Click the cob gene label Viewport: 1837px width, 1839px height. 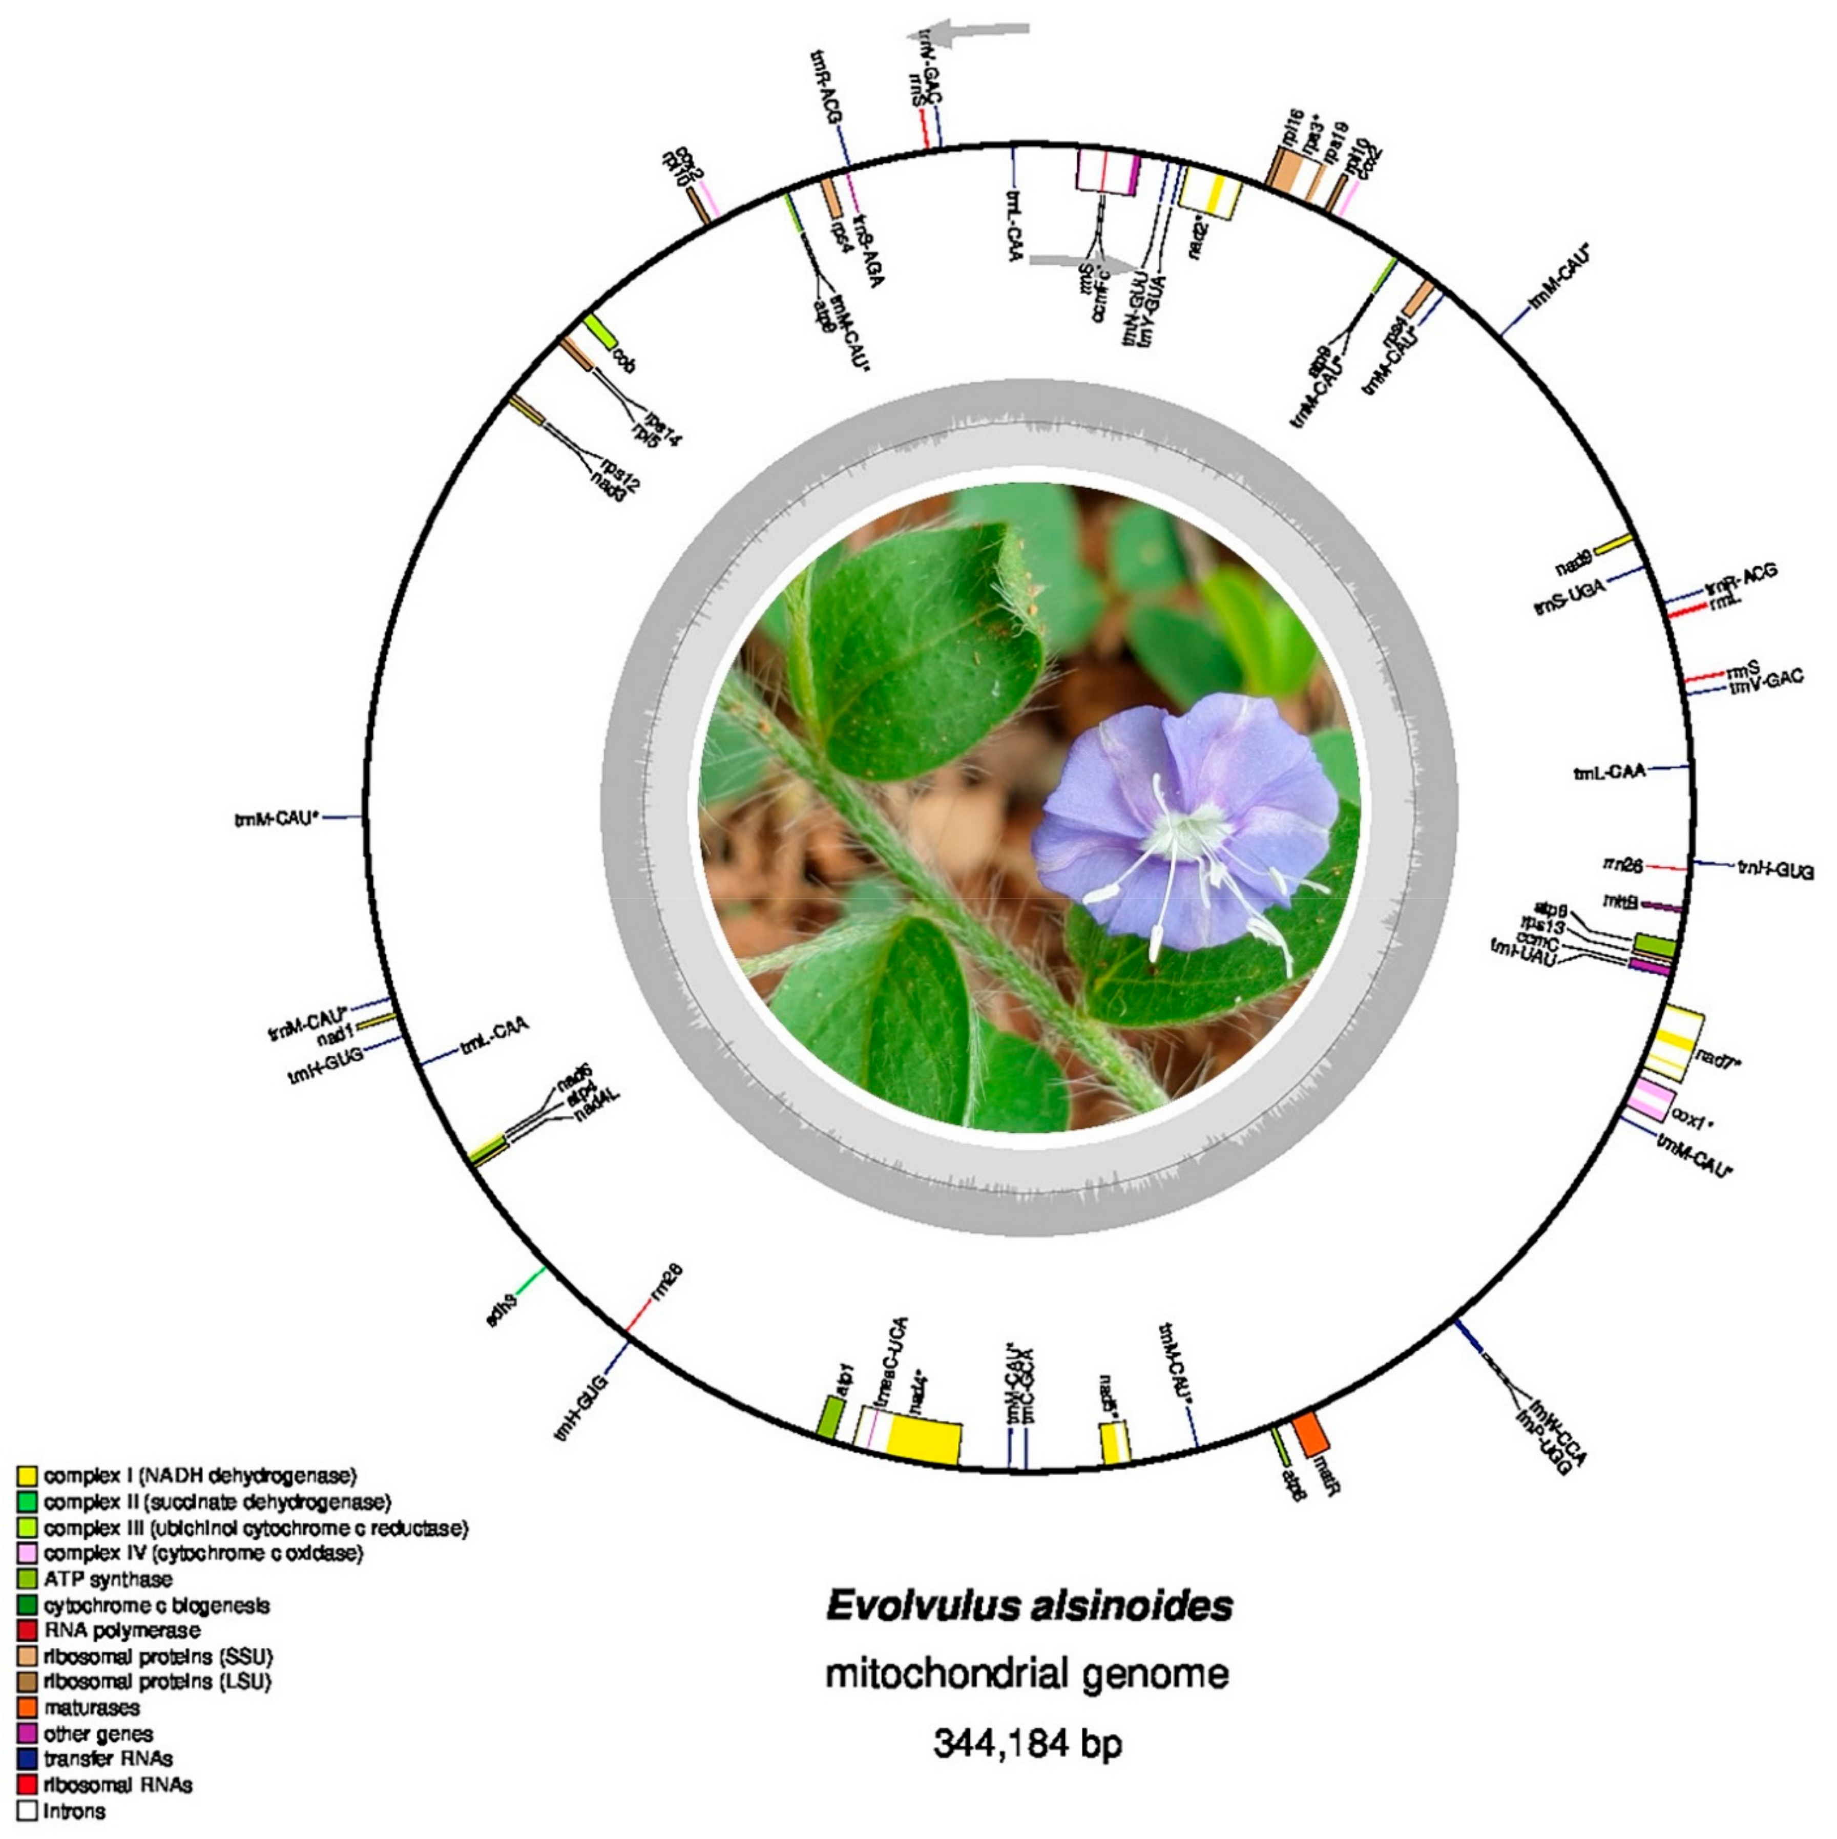(624, 362)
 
